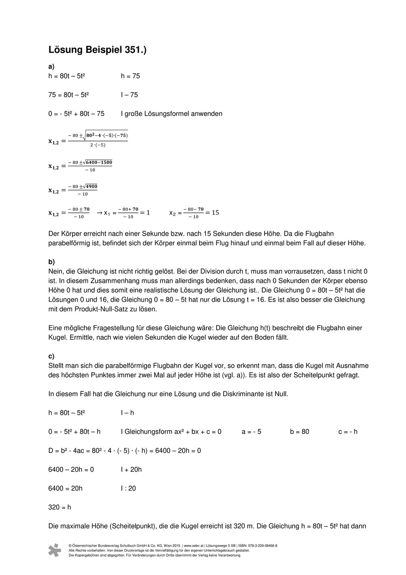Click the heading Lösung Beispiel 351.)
point(97,50)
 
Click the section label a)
point(52,67)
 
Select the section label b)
point(52,262)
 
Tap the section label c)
point(51,356)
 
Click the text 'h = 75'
point(130,76)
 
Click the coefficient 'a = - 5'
point(251,432)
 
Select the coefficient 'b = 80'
point(299,432)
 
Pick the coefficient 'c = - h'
point(348,432)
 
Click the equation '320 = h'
point(60,507)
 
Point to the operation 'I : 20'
point(128,488)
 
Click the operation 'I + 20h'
point(131,469)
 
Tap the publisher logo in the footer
point(55,550)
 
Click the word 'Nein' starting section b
point(55,271)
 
